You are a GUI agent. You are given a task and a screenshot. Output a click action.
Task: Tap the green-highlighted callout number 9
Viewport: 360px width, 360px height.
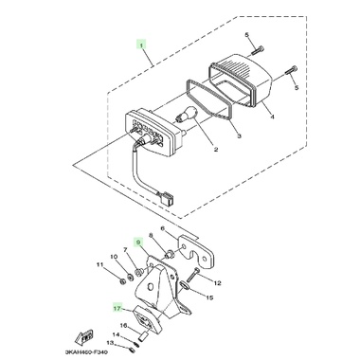tap(137, 243)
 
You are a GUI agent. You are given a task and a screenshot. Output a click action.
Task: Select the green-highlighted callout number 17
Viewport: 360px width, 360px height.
tap(117, 308)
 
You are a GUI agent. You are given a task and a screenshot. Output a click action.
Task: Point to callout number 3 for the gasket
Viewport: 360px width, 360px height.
tap(239, 136)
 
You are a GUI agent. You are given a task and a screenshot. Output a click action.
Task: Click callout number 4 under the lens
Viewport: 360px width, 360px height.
tap(272, 117)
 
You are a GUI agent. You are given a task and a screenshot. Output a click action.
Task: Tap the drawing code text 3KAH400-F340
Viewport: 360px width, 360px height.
tap(86, 352)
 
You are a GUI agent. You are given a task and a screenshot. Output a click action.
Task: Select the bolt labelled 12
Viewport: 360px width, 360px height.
tap(192, 275)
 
